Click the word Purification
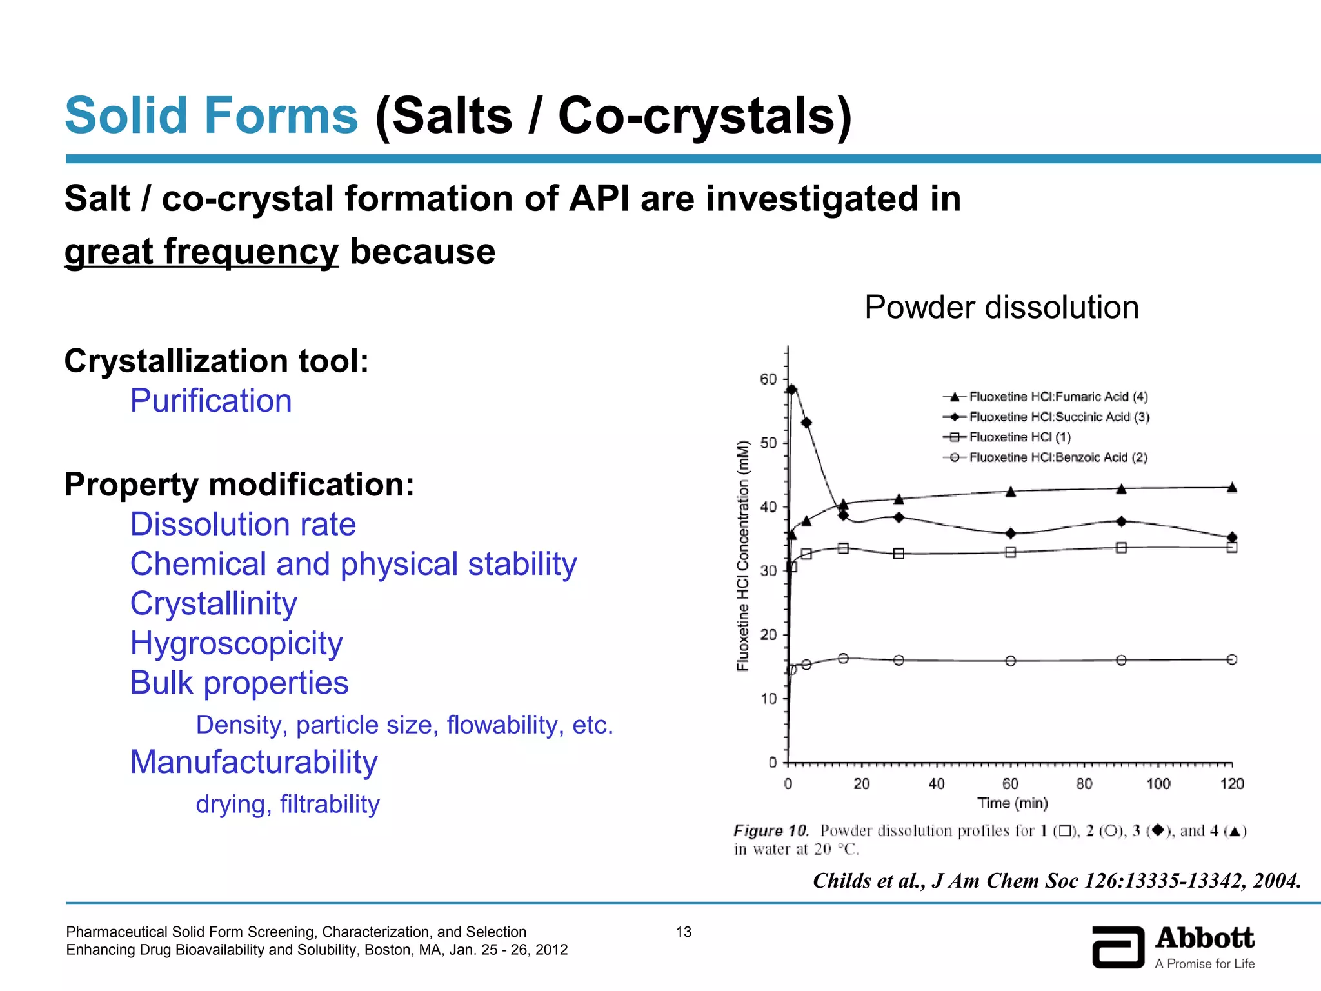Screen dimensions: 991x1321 click(x=211, y=401)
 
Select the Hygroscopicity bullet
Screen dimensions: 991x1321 click(x=236, y=643)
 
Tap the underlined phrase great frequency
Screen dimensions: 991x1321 click(x=201, y=252)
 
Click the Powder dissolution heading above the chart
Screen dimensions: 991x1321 click(x=1001, y=307)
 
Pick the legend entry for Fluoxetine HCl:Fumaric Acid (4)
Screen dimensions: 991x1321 click(x=1058, y=397)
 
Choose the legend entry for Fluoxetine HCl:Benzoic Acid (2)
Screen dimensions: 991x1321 click(x=1058, y=457)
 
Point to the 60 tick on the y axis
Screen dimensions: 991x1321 click(x=768, y=379)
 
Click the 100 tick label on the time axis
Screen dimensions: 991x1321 click(x=1158, y=784)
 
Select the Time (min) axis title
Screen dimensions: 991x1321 click(x=1012, y=803)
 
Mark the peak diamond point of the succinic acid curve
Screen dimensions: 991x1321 click(x=792, y=389)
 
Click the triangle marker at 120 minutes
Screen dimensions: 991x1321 click(x=1231, y=488)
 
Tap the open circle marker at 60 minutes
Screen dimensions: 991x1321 click(x=1011, y=661)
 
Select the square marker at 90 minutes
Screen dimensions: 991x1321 click(x=1121, y=548)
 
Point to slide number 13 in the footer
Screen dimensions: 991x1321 click(x=683, y=932)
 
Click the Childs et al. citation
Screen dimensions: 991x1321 click(x=1057, y=881)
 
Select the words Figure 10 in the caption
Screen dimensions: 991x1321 click(x=771, y=831)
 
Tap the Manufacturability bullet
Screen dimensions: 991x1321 click(x=253, y=762)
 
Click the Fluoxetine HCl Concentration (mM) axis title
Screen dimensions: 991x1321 click(x=743, y=555)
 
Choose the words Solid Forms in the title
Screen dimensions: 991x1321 click(x=211, y=115)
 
